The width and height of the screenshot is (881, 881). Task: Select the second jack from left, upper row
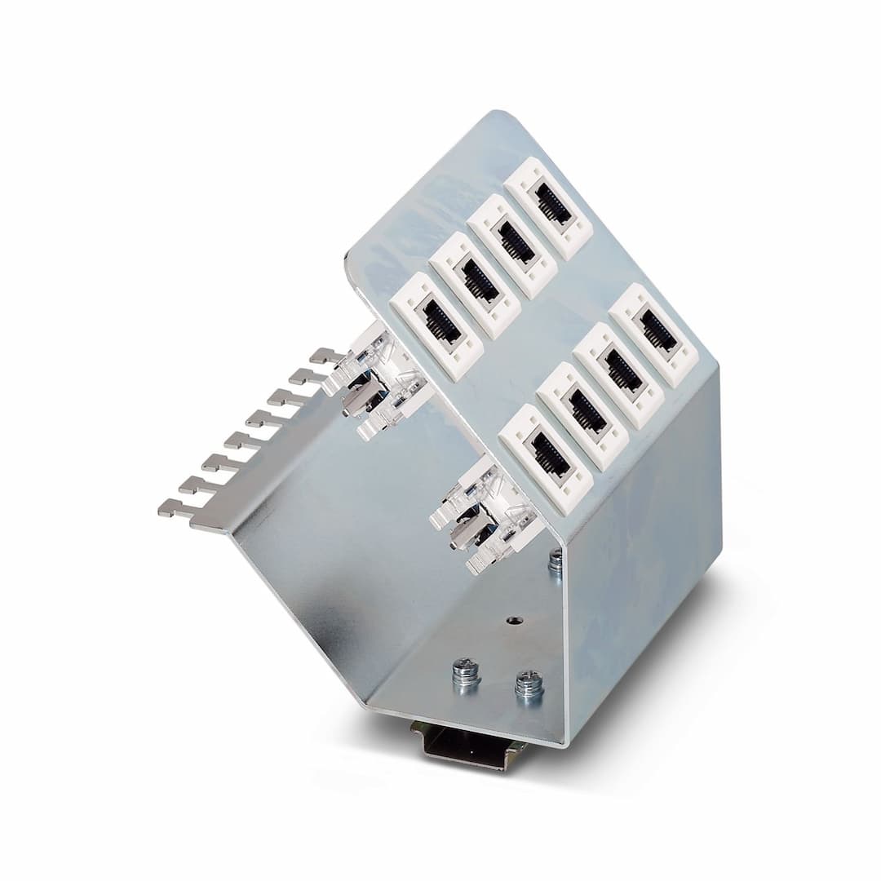[475, 286]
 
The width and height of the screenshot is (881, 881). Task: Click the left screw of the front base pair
[466, 674]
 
